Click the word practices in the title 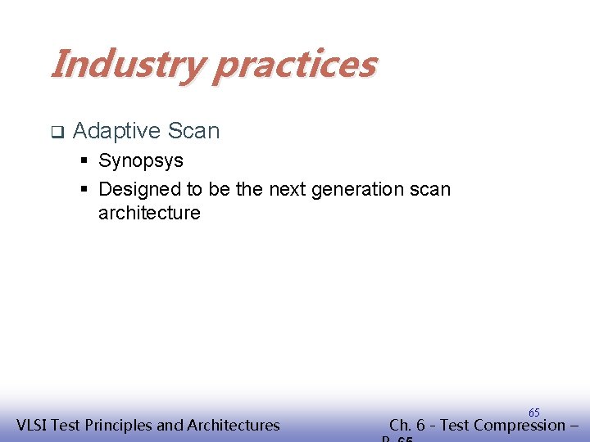pyautogui.click(x=294, y=65)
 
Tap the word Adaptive pyautogui.click(x=116, y=131)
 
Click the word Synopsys pyautogui.click(x=141, y=161)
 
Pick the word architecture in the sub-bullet pyautogui.click(x=149, y=214)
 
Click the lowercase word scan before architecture pyautogui.click(x=429, y=190)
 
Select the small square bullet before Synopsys pyautogui.click(x=84, y=160)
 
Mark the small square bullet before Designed pyautogui.click(x=84, y=189)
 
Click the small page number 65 pyautogui.click(x=533, y=413)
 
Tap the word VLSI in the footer pyautogui.click(x=34, y=425)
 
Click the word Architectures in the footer pyautogui.click(x=234, y=425)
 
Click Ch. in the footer pyautogui.click(x=401, y=425)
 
